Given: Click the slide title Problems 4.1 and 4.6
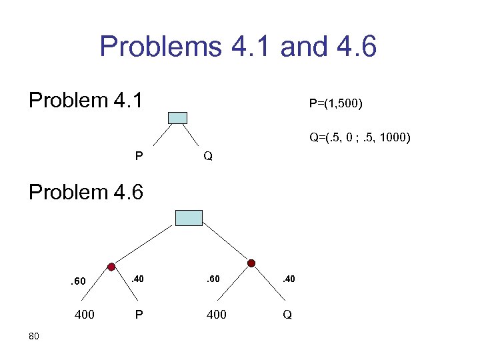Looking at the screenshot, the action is point(238,47).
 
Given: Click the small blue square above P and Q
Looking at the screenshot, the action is point(177,118).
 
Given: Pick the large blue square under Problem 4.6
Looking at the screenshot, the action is point(188,218).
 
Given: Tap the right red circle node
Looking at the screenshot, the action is point(251,264).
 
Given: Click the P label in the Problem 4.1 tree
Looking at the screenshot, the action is point(138,157).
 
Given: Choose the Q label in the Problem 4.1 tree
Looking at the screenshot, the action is point(208,157).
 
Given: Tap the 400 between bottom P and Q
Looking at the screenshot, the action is point(216,314).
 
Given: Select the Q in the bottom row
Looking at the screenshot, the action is point(287,314).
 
